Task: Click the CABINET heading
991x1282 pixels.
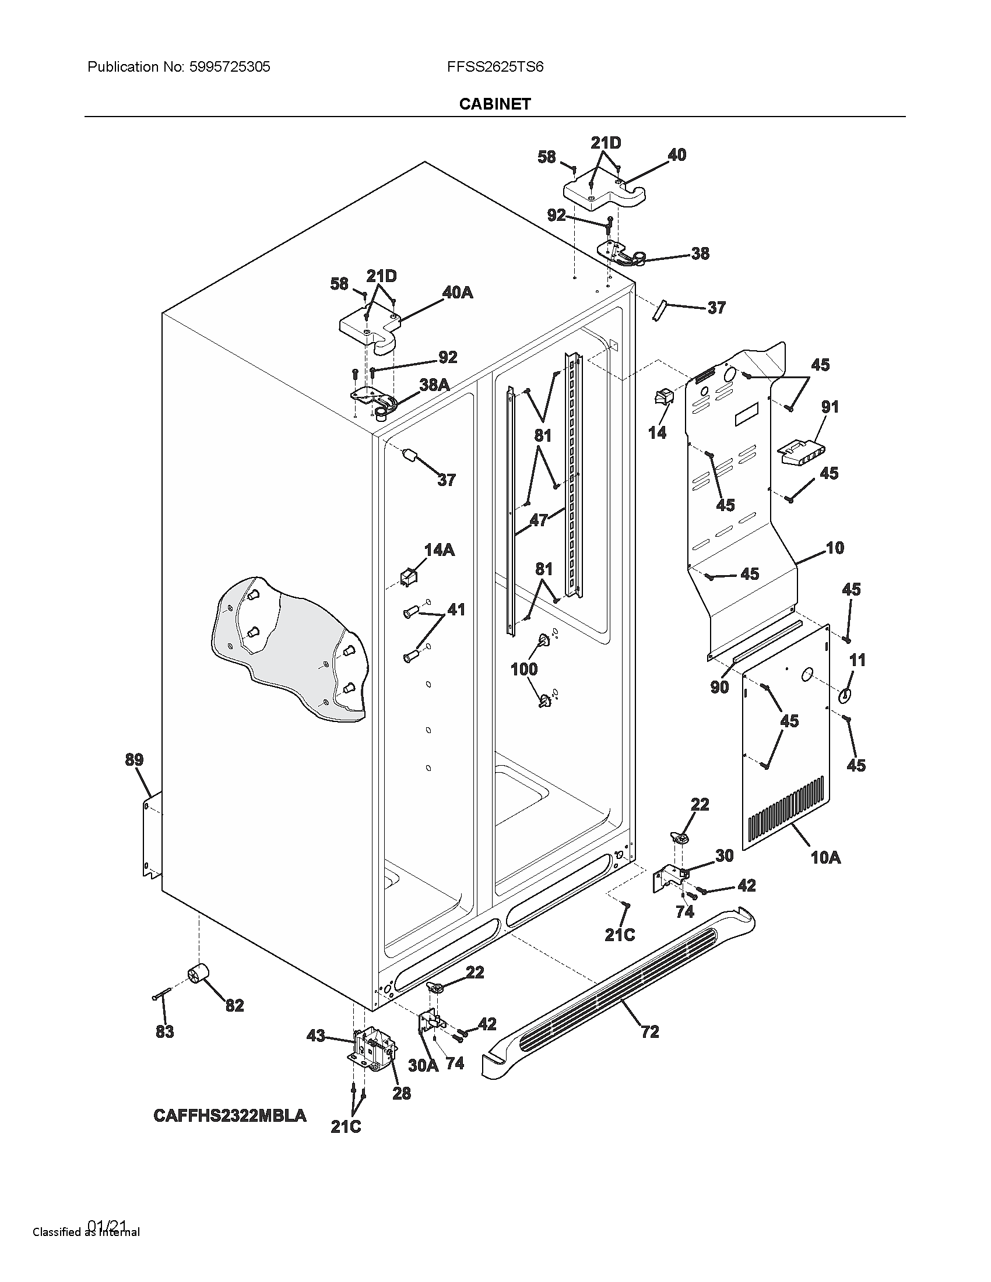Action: coord(494,104)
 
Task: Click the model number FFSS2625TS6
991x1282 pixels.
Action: coord(495,67)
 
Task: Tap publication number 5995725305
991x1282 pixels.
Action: coord(229,67)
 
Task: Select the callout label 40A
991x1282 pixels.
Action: coord(458,293)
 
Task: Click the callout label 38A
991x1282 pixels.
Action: coord(434,385)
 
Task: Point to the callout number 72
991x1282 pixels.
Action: coord(650,1031)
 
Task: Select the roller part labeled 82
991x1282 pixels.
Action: coord(199,975)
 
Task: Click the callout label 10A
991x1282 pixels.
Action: coord(825,858)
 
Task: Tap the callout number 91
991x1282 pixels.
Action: coord(830,406)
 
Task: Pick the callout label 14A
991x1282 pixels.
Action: coord(439,550)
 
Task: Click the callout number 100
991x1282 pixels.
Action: coord(523,668)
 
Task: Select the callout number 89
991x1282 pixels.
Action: coord(134,759)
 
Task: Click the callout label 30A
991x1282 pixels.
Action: coord(423,1065)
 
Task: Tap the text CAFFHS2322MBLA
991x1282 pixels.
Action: coord(230,1115)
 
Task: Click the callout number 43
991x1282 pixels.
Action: coord(316,1036)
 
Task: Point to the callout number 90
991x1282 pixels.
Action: coord(719,686)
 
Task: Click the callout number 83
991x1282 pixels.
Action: coord(165,1031)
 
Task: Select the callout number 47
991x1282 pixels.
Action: coord(539,519)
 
